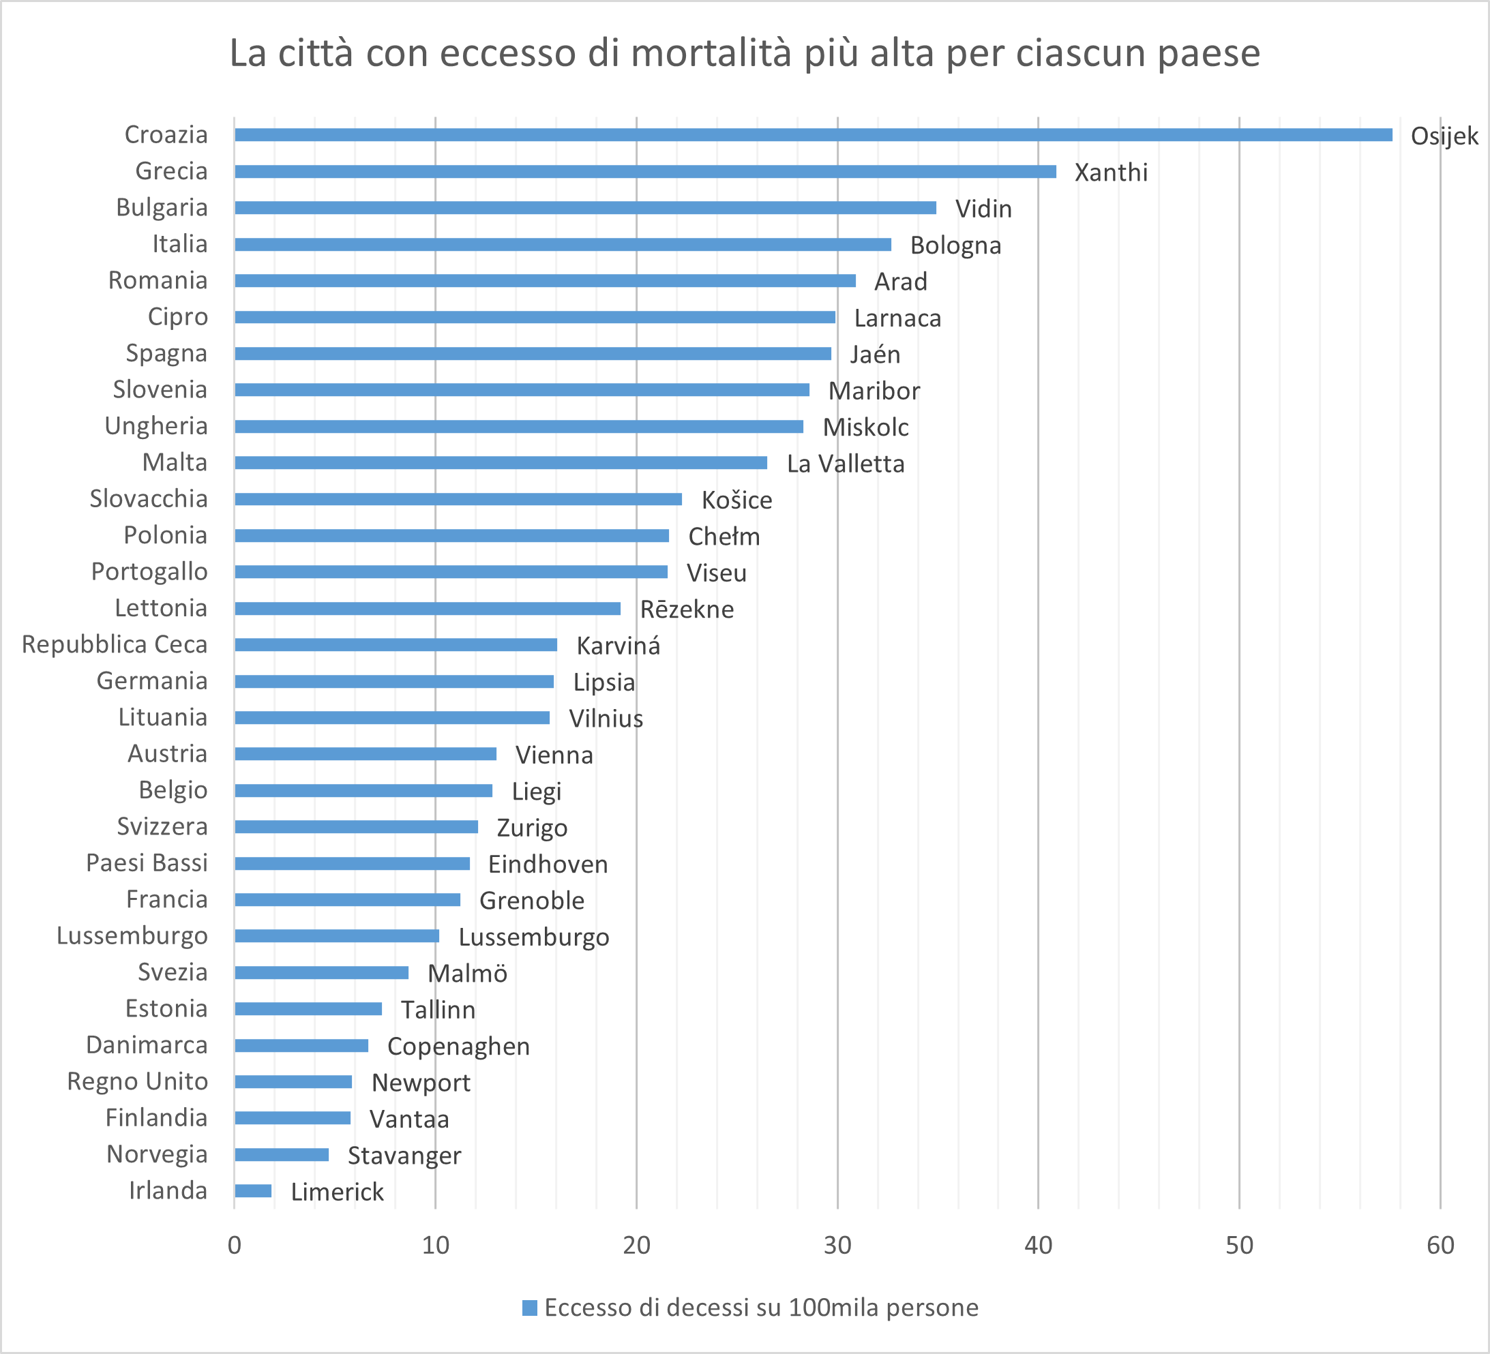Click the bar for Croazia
click(x=813, y=134)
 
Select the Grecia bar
click(x=644, y=172)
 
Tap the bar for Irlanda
click(x=253, y=1190)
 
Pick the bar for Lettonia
click(x=427, y=608)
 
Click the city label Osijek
click(x=1444, y=136)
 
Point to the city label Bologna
click(x=955, y=245)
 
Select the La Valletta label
click(x=845, y=464)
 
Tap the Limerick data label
click(x=337, y=1192)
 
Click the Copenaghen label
click(x=458, y=1047)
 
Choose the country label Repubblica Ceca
click(x=115, y=644)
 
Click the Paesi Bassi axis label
click(x=147, y=862)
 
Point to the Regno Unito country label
click(x=138, y=1081)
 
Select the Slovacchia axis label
click(x=149, y=499)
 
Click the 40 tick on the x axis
click(x=1038, y=1246)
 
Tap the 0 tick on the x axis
click(x=235, y=1246)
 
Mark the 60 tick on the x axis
click(x=1440, y=1246)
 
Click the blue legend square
click(x=529, y=1308)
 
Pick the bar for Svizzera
click(x=356, y=826)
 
